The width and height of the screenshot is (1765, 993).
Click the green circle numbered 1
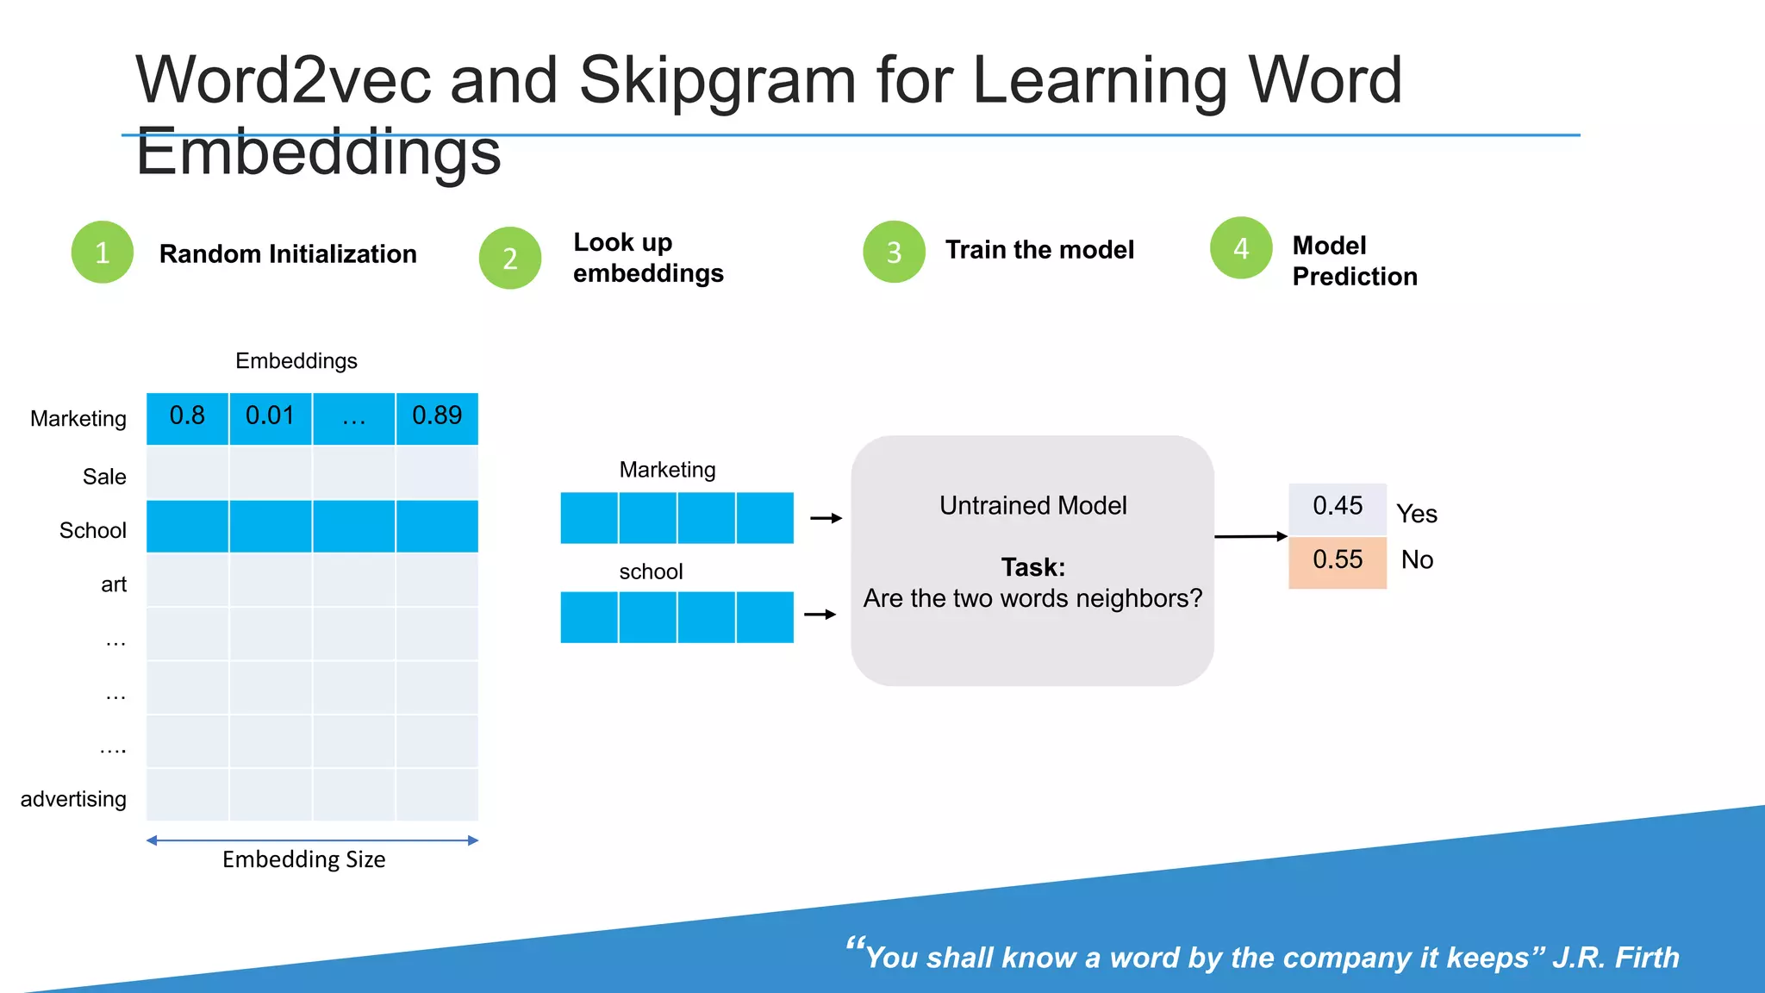point(102,252)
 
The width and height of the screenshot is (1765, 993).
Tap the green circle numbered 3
point(894,252)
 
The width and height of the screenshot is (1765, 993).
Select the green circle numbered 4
point(1241,248)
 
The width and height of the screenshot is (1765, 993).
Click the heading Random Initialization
point(288,254)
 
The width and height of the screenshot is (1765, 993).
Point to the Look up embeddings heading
point(648,258)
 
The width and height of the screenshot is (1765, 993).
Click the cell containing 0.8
point(187,417)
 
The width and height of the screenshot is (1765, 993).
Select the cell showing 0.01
point(270,417)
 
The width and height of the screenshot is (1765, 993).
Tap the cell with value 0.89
point(437,417)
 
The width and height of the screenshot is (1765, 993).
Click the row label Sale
point(104,477)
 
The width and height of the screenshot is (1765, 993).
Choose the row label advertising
point(73,799)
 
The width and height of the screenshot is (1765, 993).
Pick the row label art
point(114,584)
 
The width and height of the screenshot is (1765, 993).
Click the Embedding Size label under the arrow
point(303,859)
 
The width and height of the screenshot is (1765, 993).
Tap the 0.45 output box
point(1338,507)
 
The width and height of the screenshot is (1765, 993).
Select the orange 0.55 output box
point(1338,561)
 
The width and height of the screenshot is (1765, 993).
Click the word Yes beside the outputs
point(1417,514)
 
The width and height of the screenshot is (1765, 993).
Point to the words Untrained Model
point(1032,505)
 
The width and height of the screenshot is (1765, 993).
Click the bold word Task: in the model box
point(1032,567)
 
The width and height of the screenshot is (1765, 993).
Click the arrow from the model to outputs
point(1250,536)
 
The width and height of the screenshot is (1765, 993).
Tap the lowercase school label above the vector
point(651,571)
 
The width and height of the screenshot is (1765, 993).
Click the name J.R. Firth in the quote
point(1616,958)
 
